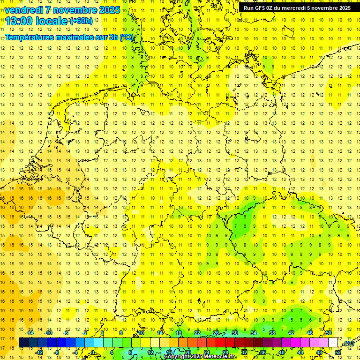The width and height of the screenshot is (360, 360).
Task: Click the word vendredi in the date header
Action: click(24, 10)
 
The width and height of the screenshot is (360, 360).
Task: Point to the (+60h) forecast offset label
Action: click(81, 21)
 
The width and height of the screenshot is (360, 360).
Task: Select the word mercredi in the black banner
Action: click(293, 8)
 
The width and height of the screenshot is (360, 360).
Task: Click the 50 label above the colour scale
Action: click(329, 333)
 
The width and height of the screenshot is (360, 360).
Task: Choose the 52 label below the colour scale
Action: click(338, 352)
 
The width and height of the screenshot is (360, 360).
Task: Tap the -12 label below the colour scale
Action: click(39, 352)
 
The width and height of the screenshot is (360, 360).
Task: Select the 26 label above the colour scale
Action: click(216, 333)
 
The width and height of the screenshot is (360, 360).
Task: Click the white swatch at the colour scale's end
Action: click(333, 343)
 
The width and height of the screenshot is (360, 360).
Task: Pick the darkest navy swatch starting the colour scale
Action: click(23, 343)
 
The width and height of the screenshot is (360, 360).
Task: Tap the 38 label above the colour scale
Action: click(272, 333)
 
